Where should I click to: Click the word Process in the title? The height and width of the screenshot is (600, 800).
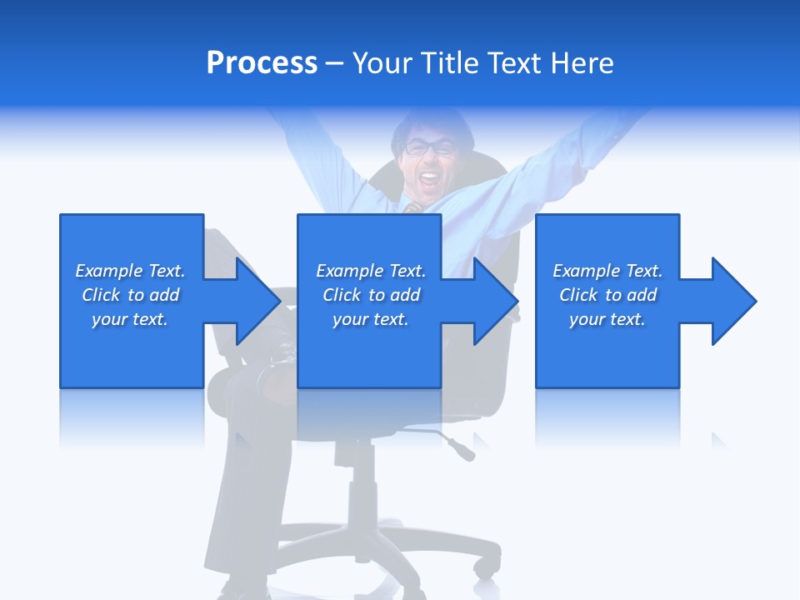coord(262,63)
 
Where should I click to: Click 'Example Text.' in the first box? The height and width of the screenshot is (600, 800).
coord(130,271)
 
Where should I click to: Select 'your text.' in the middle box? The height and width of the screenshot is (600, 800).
coord(370,319)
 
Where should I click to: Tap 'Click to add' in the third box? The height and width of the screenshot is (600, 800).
coord(607,295)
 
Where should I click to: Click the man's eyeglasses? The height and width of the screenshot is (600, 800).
coord(429,148)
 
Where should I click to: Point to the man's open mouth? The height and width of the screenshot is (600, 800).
coord(429,177)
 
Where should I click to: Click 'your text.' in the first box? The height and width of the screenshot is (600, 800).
coord(130,319)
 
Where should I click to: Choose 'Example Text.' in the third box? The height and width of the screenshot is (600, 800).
coord(607,271)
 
